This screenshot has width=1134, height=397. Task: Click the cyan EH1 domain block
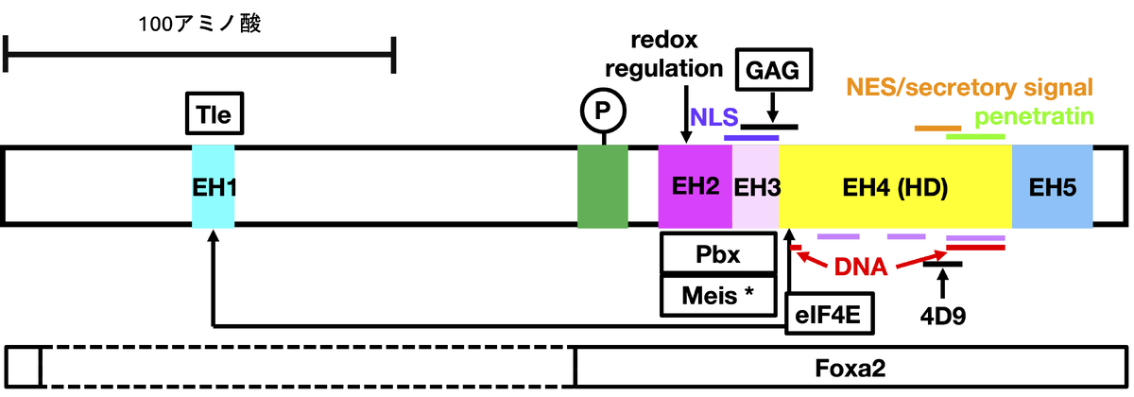coord(213,186)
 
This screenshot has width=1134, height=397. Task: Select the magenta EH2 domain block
coord(696,186)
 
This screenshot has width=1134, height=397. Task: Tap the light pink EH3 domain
coord(756,186)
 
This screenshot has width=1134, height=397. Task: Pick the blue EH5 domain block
coord(1052,186)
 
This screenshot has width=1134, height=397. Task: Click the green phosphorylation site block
coord(602,186)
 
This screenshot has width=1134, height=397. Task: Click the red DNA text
coord(860,268)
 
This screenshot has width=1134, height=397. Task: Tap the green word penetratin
coord(1034,117)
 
